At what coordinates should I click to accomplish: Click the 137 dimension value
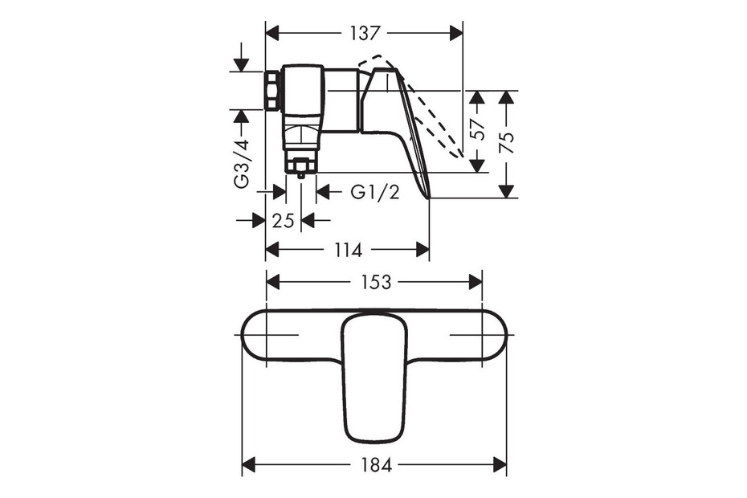pos(366,34)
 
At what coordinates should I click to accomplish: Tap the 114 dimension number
pos(348,250)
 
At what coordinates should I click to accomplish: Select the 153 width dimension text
pos(375,282)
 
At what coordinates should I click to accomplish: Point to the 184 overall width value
pos(376,464)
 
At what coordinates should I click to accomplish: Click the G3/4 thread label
pos(242,164)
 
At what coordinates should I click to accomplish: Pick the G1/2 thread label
pos(375,192)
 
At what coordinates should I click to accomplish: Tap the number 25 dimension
pos(283,221)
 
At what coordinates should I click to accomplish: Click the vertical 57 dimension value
pos(478,129)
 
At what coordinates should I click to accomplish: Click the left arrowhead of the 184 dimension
pos(249,464)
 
